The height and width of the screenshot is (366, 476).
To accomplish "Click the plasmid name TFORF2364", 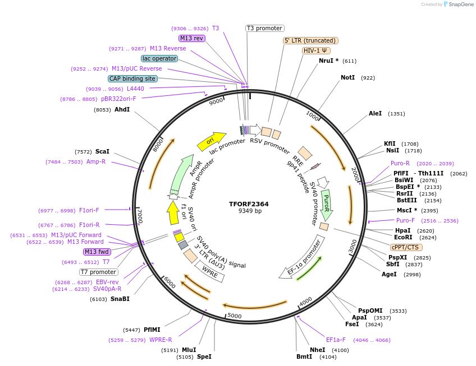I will pyautogui.click(x=249, y=204).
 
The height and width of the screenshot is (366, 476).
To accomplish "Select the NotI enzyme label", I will pyautogui.click(x=347, y=77).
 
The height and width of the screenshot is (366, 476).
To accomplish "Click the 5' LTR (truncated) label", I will pyautogui.click(x=310, y=40).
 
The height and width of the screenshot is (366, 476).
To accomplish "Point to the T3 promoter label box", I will pyautogui.click(x=265, y=28).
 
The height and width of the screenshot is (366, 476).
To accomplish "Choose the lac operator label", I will pyautogui.click(x=159, y=58).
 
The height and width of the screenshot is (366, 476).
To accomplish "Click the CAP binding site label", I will pyautogui.click(x=132, y=79).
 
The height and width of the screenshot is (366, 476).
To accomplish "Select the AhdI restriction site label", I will pyautogui.click(x=122, y=109).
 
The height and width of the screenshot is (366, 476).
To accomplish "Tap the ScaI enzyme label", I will pyautogui.click(x=102, y=151).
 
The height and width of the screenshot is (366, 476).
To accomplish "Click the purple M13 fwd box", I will pyautogui.click(x=97, y=252).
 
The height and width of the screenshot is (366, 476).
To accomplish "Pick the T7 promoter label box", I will pyautogui.click(x=98, y=272).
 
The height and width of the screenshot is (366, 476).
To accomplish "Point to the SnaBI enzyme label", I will pyautogui.click(x=120, y=299).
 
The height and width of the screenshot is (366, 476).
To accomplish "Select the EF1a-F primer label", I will pyautogui.click(x=336, y=340).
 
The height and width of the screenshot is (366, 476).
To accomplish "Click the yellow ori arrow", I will pyautogui.click(x=211, y=141).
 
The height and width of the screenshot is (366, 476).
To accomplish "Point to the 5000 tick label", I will pyautogui.click(x=234, y=316).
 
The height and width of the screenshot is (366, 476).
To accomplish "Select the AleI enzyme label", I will pyautogui.click(x=375, y=113).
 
